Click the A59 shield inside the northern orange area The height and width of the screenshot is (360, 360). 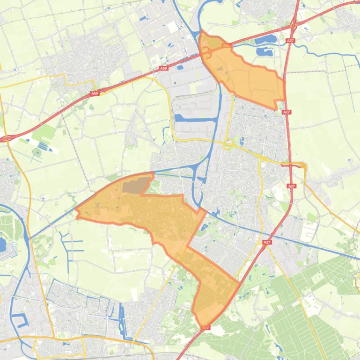[x=227, y=45]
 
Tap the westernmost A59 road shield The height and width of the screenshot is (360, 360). [x=95, y=94]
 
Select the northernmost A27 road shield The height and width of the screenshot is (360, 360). [x=291, y=41]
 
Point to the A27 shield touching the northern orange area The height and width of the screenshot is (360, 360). [x=287, y=112]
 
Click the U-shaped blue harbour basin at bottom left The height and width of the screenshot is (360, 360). [x=20, y=321]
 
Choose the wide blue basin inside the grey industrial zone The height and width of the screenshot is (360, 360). [x=196, y=117]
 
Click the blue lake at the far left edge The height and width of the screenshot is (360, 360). [x=2, y=245]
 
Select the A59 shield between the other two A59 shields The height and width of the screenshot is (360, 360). [x=163, y=68]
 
